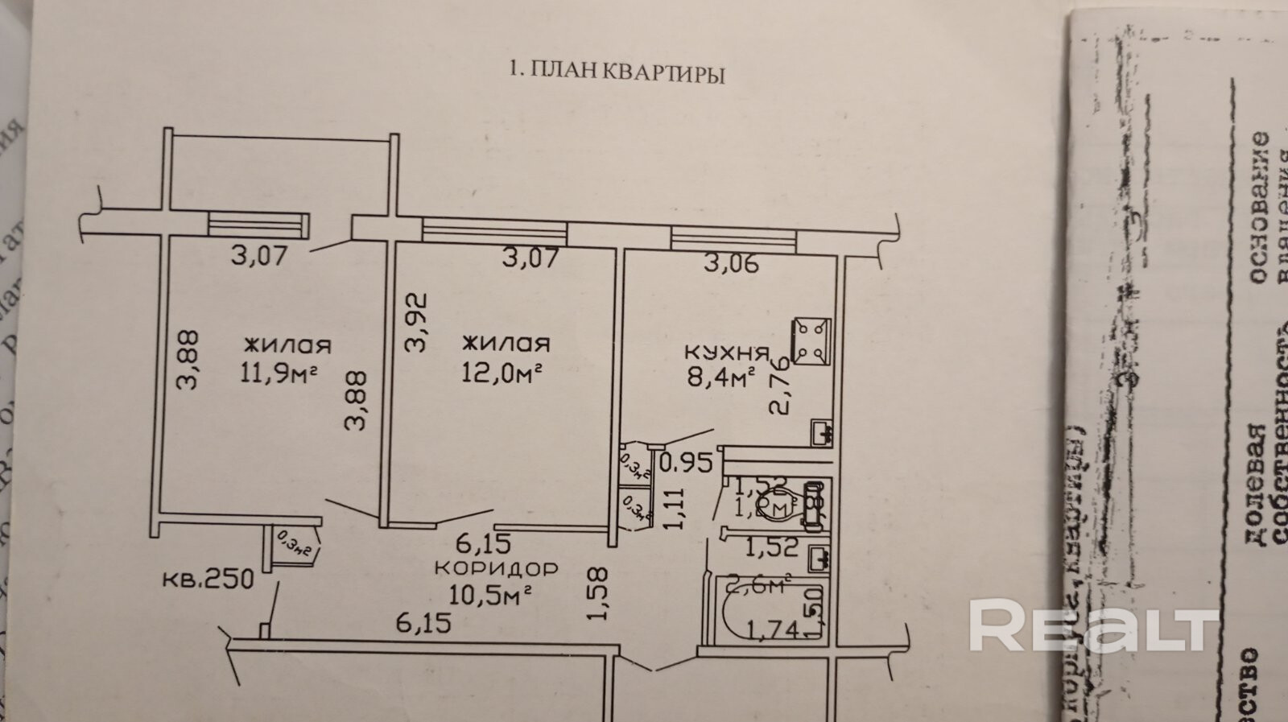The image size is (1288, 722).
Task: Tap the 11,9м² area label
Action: point(276,373)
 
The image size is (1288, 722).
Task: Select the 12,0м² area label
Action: point(501,373)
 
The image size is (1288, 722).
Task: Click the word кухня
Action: point(726,352)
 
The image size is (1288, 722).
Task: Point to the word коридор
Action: point(496,568)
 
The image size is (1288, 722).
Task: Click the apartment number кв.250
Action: point(208,579)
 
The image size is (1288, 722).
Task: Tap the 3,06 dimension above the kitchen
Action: point(731,263)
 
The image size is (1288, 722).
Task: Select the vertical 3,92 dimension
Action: point(415,323)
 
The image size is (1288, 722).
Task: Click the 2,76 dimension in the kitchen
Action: point(778,388)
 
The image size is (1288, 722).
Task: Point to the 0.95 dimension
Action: point(687,463)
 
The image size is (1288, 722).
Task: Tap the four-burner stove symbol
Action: point(811,340)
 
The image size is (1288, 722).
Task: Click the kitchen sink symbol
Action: point(821,434)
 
